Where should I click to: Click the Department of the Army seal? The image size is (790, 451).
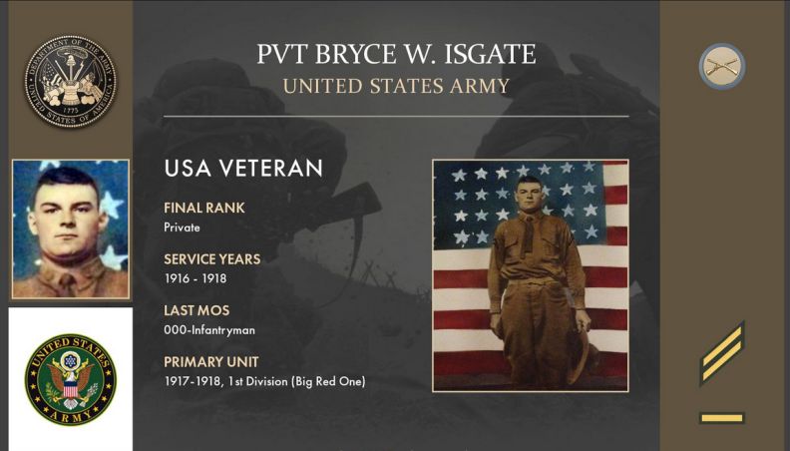coord(70,81)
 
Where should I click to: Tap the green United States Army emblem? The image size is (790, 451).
coord(71,379)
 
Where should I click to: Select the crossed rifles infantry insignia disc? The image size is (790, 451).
coord(722,67)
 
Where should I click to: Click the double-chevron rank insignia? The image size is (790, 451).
coord(722,354)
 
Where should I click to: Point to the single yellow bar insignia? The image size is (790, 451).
coord(722,418)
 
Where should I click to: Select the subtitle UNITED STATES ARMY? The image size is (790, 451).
coord(396,86)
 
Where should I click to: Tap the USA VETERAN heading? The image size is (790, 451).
coord(243,169)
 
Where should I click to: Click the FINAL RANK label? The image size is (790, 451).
coord(204,208)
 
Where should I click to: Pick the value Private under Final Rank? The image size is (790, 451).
coord(182,227)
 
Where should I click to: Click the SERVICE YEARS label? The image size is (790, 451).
coord(212,259)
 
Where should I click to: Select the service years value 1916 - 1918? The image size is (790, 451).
coord(196,278)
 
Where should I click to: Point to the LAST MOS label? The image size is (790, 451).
coord(197,310)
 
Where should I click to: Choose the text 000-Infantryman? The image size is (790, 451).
coord(209,330)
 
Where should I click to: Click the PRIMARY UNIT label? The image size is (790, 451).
coord(211,362)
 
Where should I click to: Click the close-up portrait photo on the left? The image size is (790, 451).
coord(71,229)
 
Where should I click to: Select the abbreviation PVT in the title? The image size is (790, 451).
coord(281,54)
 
